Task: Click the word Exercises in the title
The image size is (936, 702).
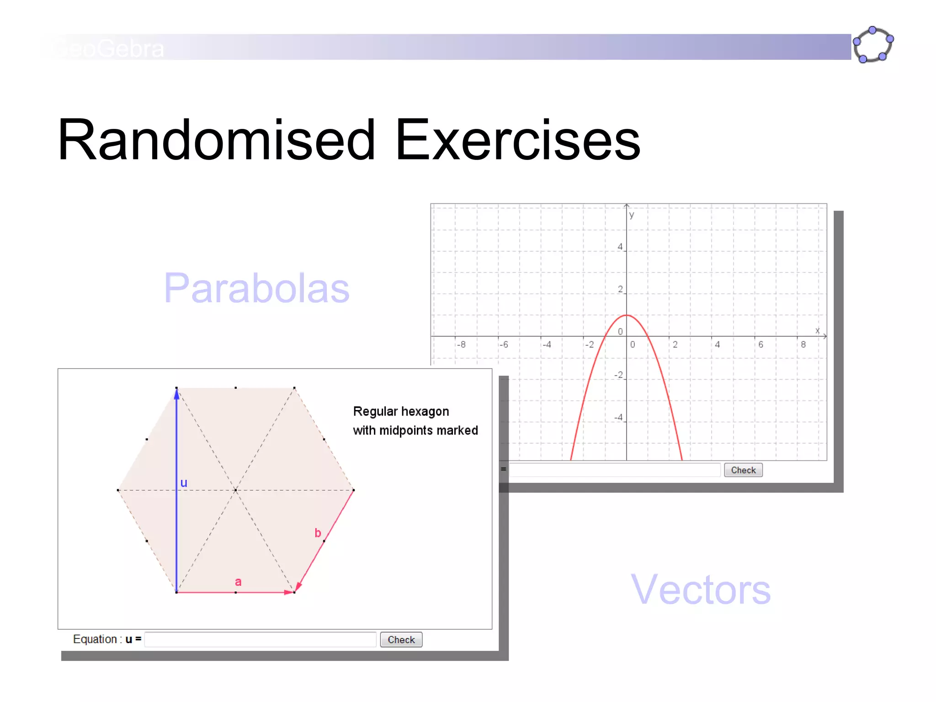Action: click(517, 140)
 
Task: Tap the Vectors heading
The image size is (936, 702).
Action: click(701, 590)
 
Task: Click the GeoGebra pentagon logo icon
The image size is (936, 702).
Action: click(873, 45)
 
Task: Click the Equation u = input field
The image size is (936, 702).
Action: click(261, 639)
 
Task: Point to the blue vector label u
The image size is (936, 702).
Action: click(184, 483)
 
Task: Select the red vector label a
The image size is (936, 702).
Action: click(238, 582)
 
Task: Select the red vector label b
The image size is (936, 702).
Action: click(318, 533)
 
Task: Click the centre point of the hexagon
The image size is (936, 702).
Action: click(235, 490)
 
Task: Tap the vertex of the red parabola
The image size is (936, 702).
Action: click(627, 315)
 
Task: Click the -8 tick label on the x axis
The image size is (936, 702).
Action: click(462, 345)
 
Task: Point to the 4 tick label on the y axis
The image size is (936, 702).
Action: click(620, 247)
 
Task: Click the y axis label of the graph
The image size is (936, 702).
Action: click(632, 215)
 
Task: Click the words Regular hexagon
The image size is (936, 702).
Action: click(401, 411)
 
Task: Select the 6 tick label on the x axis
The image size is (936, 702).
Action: click(760, 345)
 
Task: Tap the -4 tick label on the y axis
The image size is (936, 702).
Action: click(618, 417)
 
